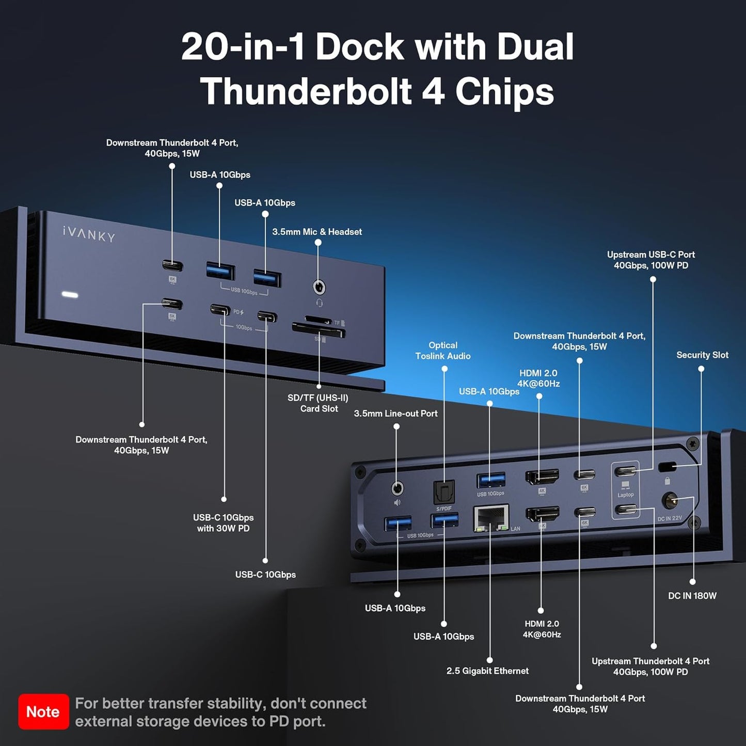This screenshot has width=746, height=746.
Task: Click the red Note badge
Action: pos(43,711)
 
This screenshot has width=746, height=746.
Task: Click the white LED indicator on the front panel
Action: pos(70,295)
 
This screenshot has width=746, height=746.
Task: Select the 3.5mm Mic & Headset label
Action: pos(316,232)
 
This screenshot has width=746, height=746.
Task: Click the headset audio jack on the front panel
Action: pos(319,287)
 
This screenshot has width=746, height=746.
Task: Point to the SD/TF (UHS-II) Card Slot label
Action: pos(318,403)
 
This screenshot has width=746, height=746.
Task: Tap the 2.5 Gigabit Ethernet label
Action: pos(487,671)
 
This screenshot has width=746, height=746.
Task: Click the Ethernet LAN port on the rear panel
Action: pos(491,518)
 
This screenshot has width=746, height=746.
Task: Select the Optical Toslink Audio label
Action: pos(443,351)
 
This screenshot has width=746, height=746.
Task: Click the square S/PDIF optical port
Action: pos(443,492)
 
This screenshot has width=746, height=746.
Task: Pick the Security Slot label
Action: pos(702,355)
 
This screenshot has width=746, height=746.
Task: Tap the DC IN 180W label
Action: pos(692,595)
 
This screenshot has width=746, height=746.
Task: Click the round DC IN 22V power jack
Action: pos(670,501)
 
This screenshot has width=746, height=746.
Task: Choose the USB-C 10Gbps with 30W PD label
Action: pos(223,522)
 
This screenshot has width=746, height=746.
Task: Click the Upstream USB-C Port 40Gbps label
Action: pos(650,260)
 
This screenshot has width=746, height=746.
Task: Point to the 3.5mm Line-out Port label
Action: pos(395,413)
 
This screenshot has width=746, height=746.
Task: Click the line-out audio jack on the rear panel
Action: pos(397,488)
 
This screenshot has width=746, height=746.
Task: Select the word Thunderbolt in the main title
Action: pos(306,91)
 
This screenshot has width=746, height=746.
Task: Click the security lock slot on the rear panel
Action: pos(667,467)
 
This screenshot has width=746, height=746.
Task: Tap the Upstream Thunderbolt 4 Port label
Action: pos(650,666)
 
